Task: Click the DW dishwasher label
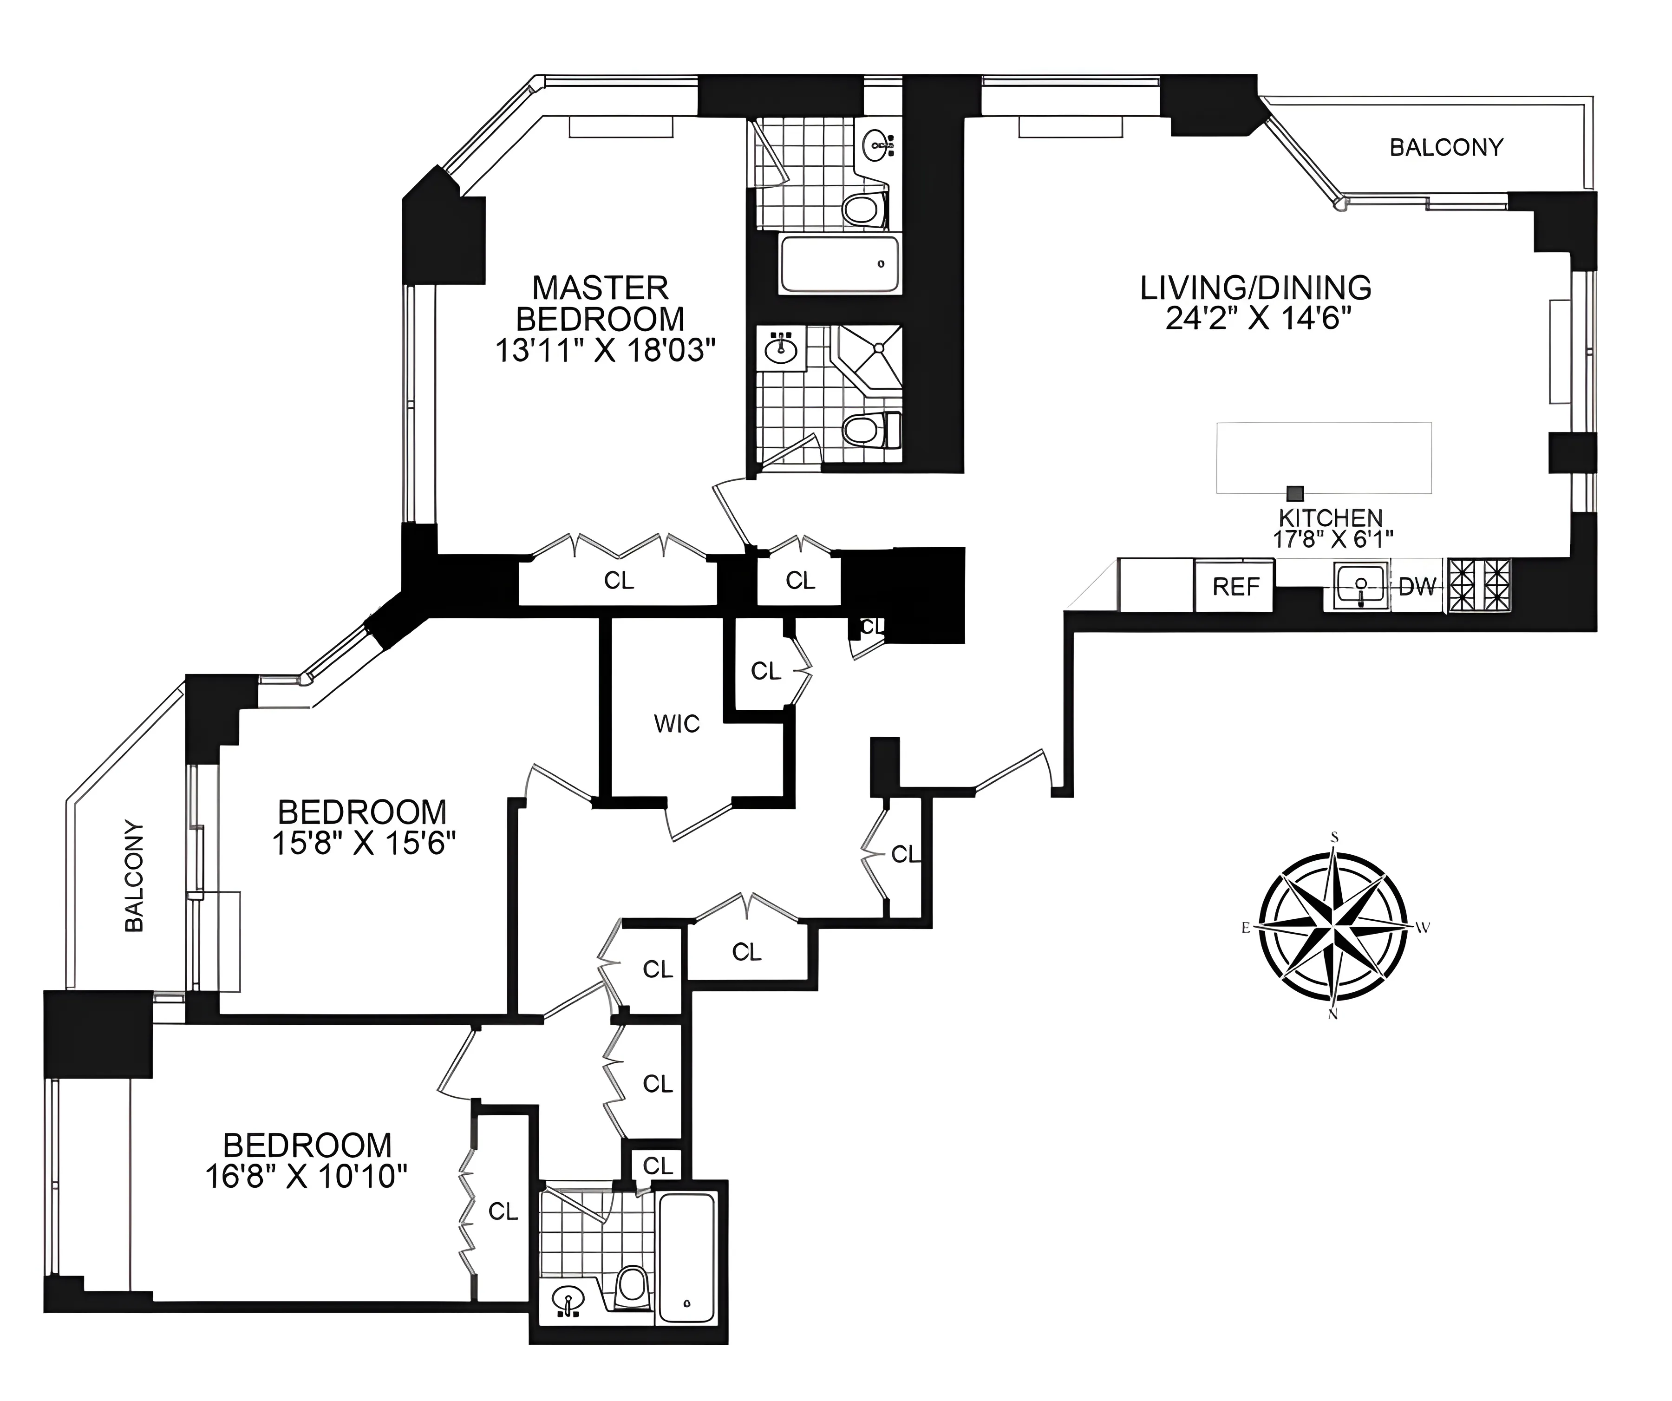point(1417,587)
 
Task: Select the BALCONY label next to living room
point(1446,147)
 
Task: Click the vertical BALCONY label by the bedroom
point(135,876)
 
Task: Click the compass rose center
point(1333,926)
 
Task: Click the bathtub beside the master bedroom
point(840,264)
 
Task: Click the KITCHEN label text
point(1331,517)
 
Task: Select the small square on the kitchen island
point(1295,493)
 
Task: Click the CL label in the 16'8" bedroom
point(503,1211)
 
